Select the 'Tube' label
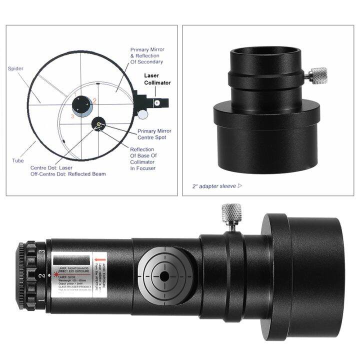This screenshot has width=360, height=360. coord(17,161)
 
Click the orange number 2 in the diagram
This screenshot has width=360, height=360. coord(94,100)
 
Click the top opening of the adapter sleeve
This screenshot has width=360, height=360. coord(264,48)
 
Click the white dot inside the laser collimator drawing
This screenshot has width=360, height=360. coord(157,102)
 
